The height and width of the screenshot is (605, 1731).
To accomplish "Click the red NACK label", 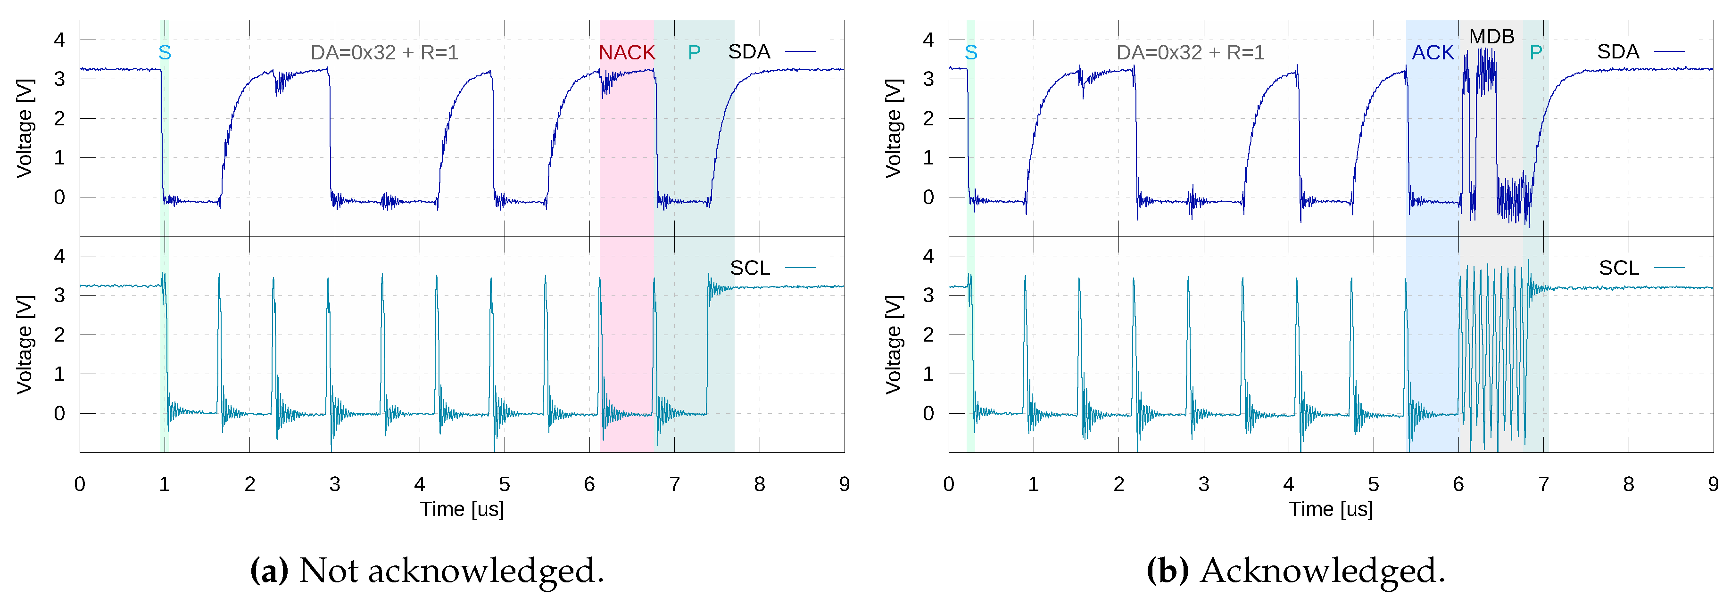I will click(x=626, y=52).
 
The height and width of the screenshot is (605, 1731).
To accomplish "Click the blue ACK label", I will click(x=1432, y=52).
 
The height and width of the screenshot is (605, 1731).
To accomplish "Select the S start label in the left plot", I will click(x=165, y=52).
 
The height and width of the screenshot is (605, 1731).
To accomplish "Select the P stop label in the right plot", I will click(x=1535, y=52).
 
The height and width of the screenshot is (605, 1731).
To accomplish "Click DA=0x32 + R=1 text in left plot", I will click(x=384, y=52).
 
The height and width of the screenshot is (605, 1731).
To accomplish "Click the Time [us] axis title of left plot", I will click(x=462, y=509).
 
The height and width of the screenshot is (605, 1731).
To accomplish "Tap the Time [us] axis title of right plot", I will click(x=1331, y=509).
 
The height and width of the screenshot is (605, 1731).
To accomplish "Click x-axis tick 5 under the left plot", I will click(x=505, y=484).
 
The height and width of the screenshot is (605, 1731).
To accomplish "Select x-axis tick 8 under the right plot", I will click(x=1628, y=484).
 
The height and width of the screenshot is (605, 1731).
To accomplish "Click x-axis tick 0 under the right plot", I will click(x=948, y=484).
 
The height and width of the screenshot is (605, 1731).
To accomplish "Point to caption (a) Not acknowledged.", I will click(x=427, y=571).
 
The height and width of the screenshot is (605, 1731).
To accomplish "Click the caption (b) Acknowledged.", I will click(x=1296, y=571).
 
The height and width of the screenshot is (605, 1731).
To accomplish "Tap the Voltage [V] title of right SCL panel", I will click(x=893, y=344).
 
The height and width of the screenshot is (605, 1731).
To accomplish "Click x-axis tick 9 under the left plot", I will click(x=844, y=484).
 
